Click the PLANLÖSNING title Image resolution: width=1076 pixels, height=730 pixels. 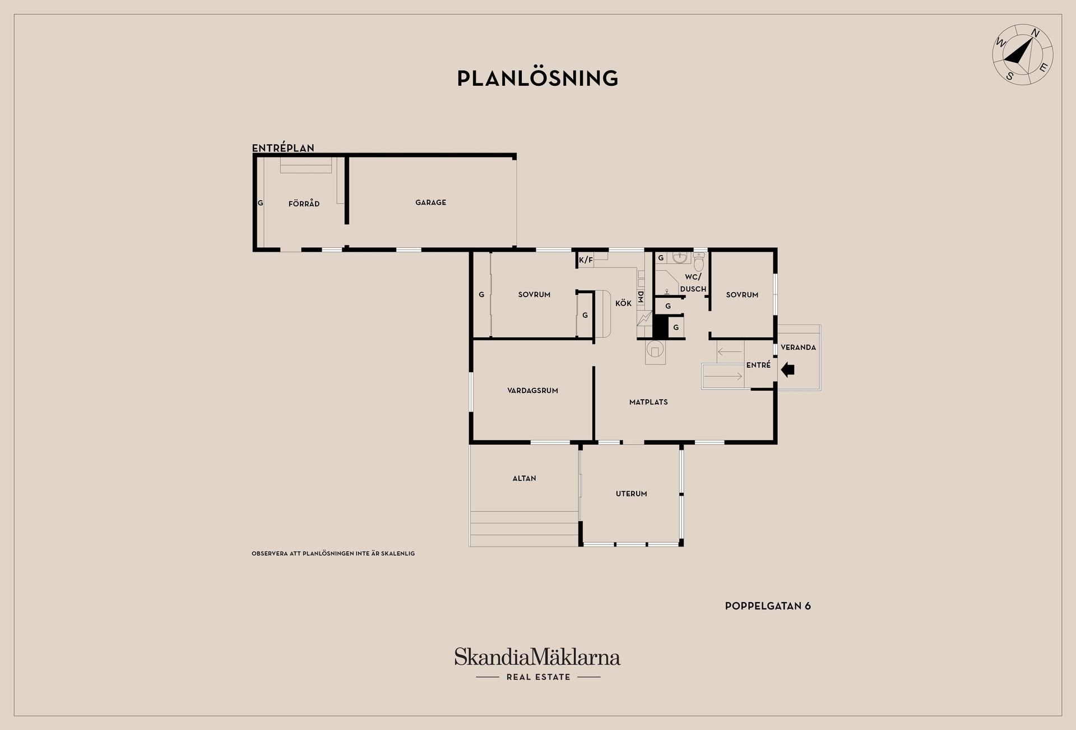[537, 78]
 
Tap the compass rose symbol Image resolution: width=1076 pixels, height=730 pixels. [1022, 55]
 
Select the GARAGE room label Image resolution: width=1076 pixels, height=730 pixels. [430, 202]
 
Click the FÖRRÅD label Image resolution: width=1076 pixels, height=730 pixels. [304, 204]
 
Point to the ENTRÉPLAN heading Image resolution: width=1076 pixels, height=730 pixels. [283, 148]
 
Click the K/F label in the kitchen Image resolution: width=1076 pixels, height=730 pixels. [586, 260]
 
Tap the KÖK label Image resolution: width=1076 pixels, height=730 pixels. [623, 303]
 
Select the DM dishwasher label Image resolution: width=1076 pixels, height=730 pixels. [641, 297]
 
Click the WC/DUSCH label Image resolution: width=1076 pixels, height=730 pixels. [693, 283]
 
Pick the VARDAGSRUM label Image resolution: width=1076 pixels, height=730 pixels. [532, 391]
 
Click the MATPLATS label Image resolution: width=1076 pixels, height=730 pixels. [648, 402]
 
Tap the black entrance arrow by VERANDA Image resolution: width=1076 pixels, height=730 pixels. [787, 369]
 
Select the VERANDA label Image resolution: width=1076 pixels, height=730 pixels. [798, 348]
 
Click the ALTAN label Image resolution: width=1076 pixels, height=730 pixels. [524, 478]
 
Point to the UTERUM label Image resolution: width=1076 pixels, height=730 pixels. [631, 494]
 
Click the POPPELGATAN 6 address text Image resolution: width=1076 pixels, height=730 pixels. [768, 606]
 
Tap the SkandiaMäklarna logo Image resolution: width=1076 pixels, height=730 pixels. [537, 664]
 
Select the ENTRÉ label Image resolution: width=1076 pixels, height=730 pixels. [758, 365]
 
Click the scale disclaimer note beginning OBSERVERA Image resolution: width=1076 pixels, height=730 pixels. [333, 553]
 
